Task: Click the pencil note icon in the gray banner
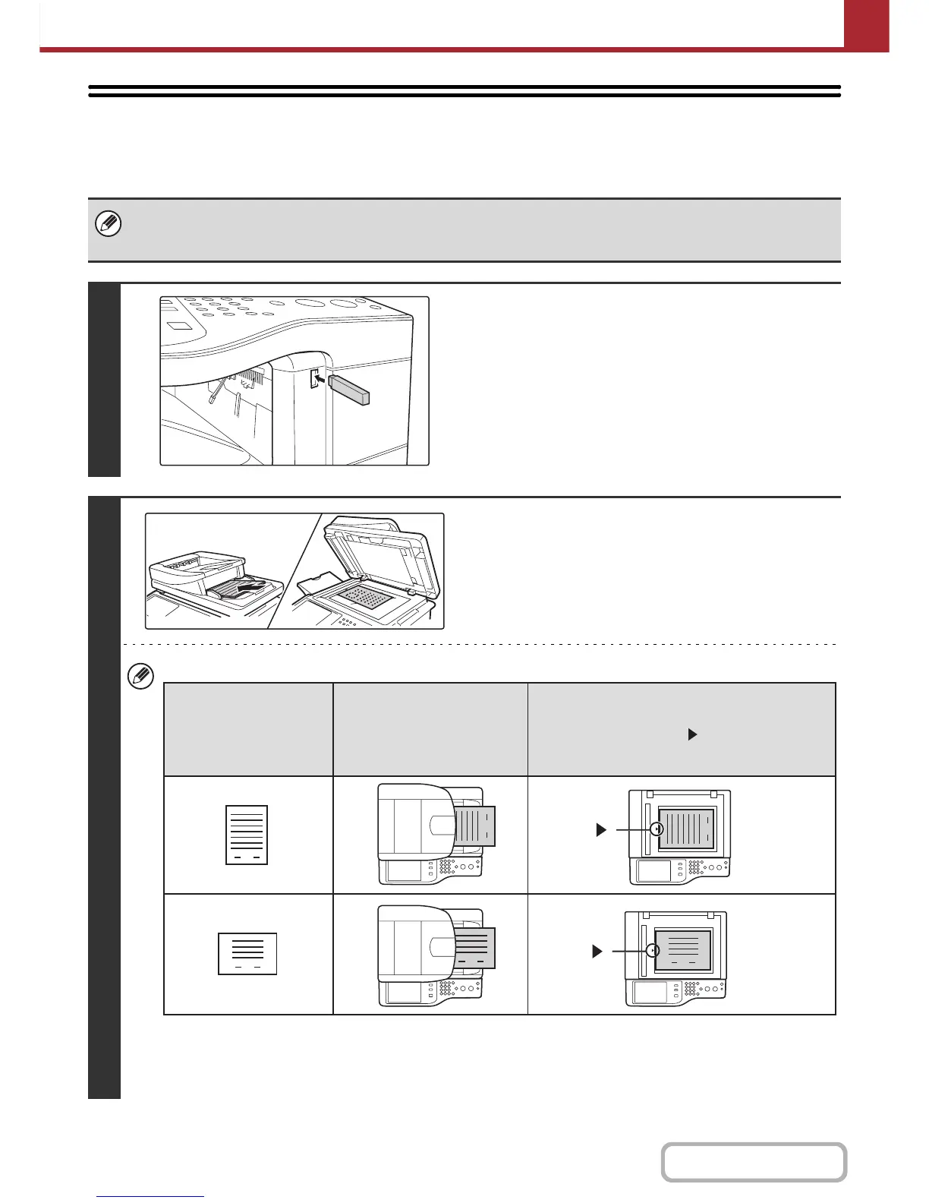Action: [109, 225]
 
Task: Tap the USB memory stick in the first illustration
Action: [349, 387]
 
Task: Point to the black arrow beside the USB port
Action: [320, 376]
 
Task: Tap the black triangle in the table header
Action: [691, 734]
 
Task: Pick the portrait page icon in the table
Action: [247, 835]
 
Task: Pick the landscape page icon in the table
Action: [247, 953]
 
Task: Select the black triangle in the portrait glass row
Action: [601, 830]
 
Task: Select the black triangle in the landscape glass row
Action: [597, 951]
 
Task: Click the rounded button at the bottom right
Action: [754, 1162]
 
